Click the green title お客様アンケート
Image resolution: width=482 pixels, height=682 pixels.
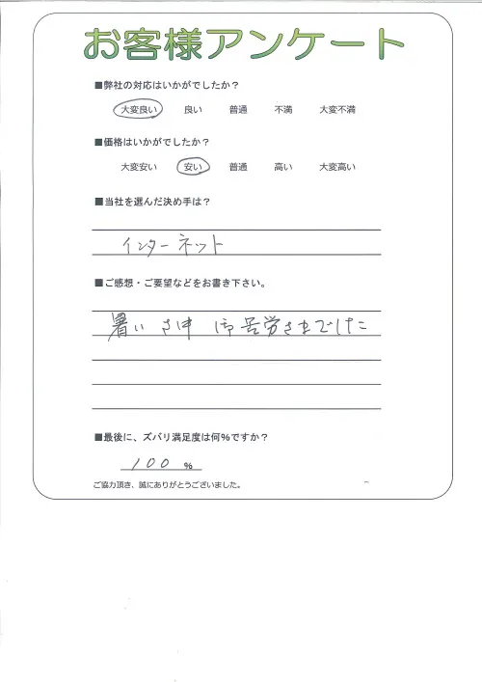tap(243, 44)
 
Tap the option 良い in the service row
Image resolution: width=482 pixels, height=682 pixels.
tap(192, 110)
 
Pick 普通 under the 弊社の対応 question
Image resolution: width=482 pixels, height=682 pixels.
tap(238, 110)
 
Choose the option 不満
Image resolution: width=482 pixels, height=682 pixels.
tap(282, 110)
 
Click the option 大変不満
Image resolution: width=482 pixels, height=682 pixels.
tap(337, 110)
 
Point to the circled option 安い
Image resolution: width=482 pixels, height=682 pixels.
tap(192, 167)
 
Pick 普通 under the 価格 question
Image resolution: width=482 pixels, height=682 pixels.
tap(238, 167)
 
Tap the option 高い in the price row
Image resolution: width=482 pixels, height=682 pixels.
tap(282, 167)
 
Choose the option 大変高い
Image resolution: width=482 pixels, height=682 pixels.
tap(337, 167)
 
